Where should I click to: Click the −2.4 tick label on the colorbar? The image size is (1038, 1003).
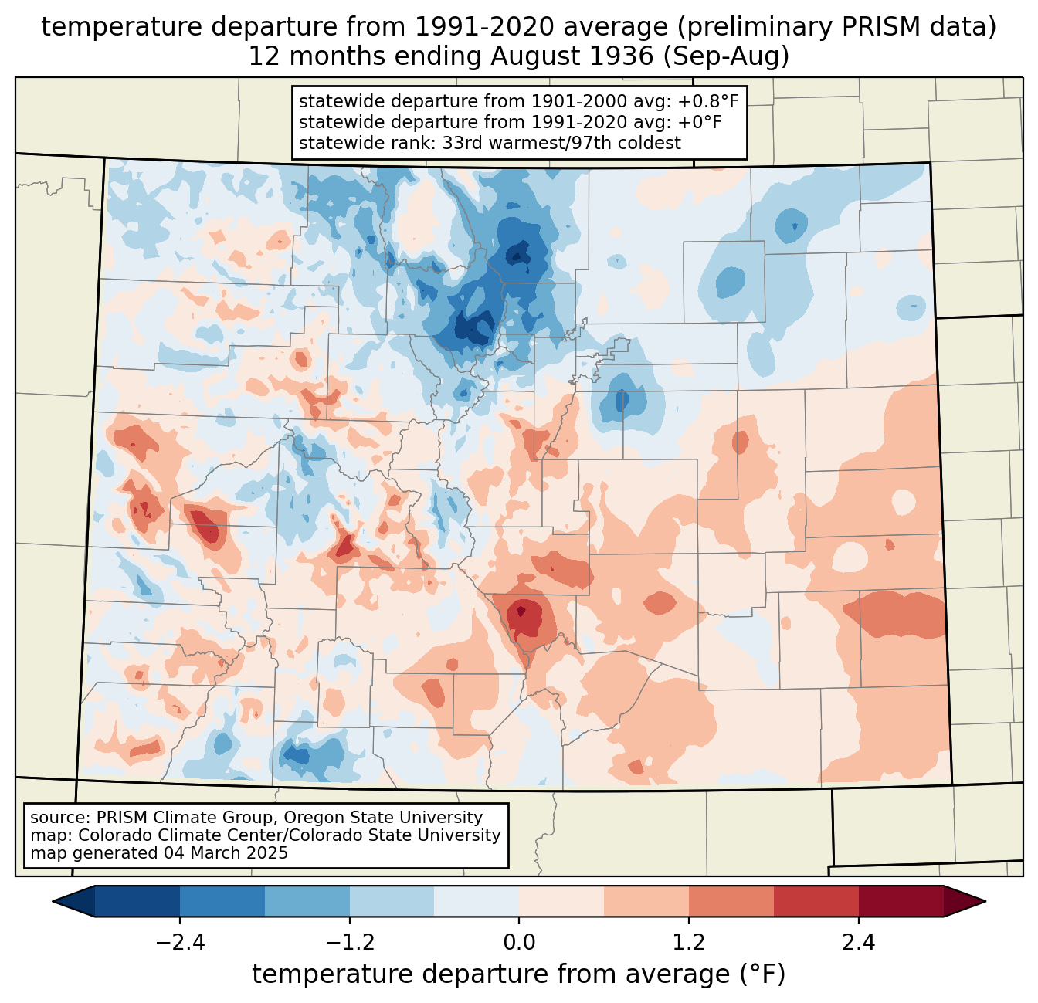(180, 943)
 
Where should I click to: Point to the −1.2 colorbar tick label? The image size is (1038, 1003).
(349, 943)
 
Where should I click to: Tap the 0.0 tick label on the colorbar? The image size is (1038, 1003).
(519, 943)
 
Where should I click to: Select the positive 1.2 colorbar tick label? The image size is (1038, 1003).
(688, 943)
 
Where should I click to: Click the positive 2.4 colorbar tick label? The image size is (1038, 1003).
(858, 943)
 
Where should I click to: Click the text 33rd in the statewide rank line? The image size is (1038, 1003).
(463, 143)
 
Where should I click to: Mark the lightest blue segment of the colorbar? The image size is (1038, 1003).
(477, 901)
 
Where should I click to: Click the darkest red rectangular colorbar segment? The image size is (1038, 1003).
(901, 901)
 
